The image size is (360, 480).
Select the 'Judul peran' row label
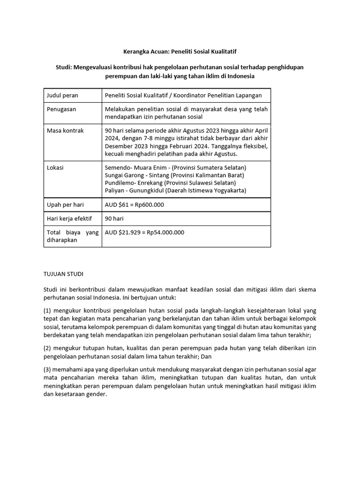tap(62, 95)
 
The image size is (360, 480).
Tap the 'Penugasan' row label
tap(61, 109)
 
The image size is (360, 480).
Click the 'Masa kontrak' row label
tap(65, 131)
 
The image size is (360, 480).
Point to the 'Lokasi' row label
tap(55, 167)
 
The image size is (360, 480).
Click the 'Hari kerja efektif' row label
tap(69, 218)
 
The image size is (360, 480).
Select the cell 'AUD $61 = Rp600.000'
tap(135, 205)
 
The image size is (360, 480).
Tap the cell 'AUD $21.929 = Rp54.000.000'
tap(144, 232)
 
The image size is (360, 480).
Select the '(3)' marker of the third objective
tap(48, 370)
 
